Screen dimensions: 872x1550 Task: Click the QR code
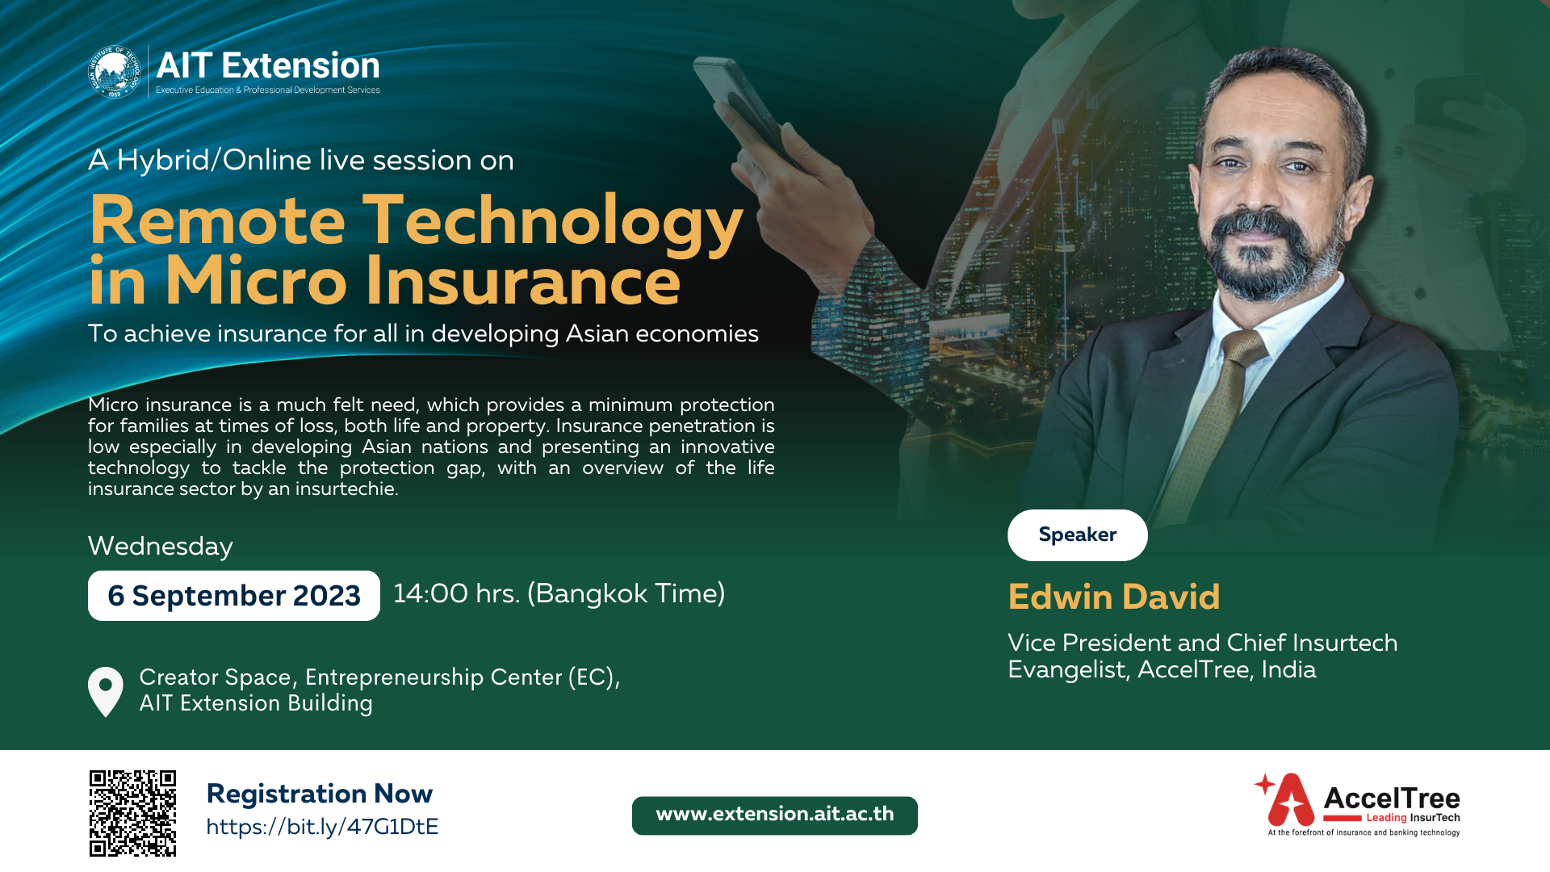coord(132,812)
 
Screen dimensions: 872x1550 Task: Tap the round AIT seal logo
coord(115,72)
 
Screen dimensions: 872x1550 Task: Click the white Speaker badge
coord(1077,535)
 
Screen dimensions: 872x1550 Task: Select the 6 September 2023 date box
coord(233,596)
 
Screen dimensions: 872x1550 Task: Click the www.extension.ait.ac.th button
coord(774,815)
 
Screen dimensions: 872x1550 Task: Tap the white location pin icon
coord(106,690)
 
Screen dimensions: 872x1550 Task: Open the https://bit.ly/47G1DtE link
coord(322,827)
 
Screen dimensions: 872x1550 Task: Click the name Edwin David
coord(1113,597)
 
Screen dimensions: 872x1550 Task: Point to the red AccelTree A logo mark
coord(1288,800)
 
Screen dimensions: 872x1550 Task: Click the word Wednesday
coord(160,547)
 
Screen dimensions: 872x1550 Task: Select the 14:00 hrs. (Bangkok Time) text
coord(559,593)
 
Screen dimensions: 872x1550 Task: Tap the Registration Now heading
coord(320,794)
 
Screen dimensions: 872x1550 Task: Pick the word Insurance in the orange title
coord(523,282)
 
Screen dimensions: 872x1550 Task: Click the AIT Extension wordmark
coord(268,65)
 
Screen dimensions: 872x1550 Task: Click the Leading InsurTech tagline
coord(1413,818)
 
